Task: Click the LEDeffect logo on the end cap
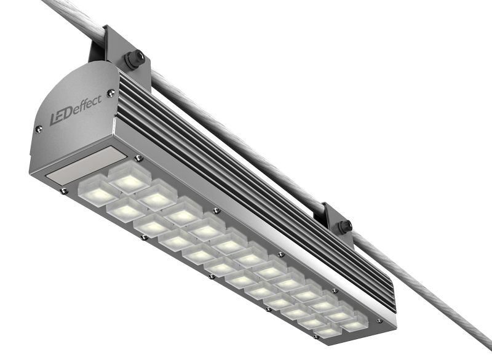tap(76, 110)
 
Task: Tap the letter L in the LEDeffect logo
tap(54, 120)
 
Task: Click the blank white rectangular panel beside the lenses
tap(85, 165)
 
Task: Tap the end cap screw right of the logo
tap(111, 92)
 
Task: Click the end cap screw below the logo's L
tap(39, 129)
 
